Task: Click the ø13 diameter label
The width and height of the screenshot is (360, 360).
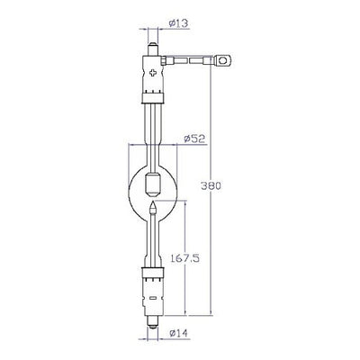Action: click(x=179, y=23)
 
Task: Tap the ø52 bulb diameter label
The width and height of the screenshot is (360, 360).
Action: click(x=194, y=139)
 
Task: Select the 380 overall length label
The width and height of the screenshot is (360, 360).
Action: click(x=211, y=185)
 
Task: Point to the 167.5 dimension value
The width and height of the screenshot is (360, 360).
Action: click(x=184, y=257)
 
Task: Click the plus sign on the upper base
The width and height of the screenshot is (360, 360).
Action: click(x=153, y=73)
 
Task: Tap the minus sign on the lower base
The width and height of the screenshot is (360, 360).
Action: click(x=153, y=298)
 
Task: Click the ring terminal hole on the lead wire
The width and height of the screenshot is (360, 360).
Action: click(x=223, y=61)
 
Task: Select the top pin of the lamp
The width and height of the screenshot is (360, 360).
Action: click(x=153, y=49)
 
